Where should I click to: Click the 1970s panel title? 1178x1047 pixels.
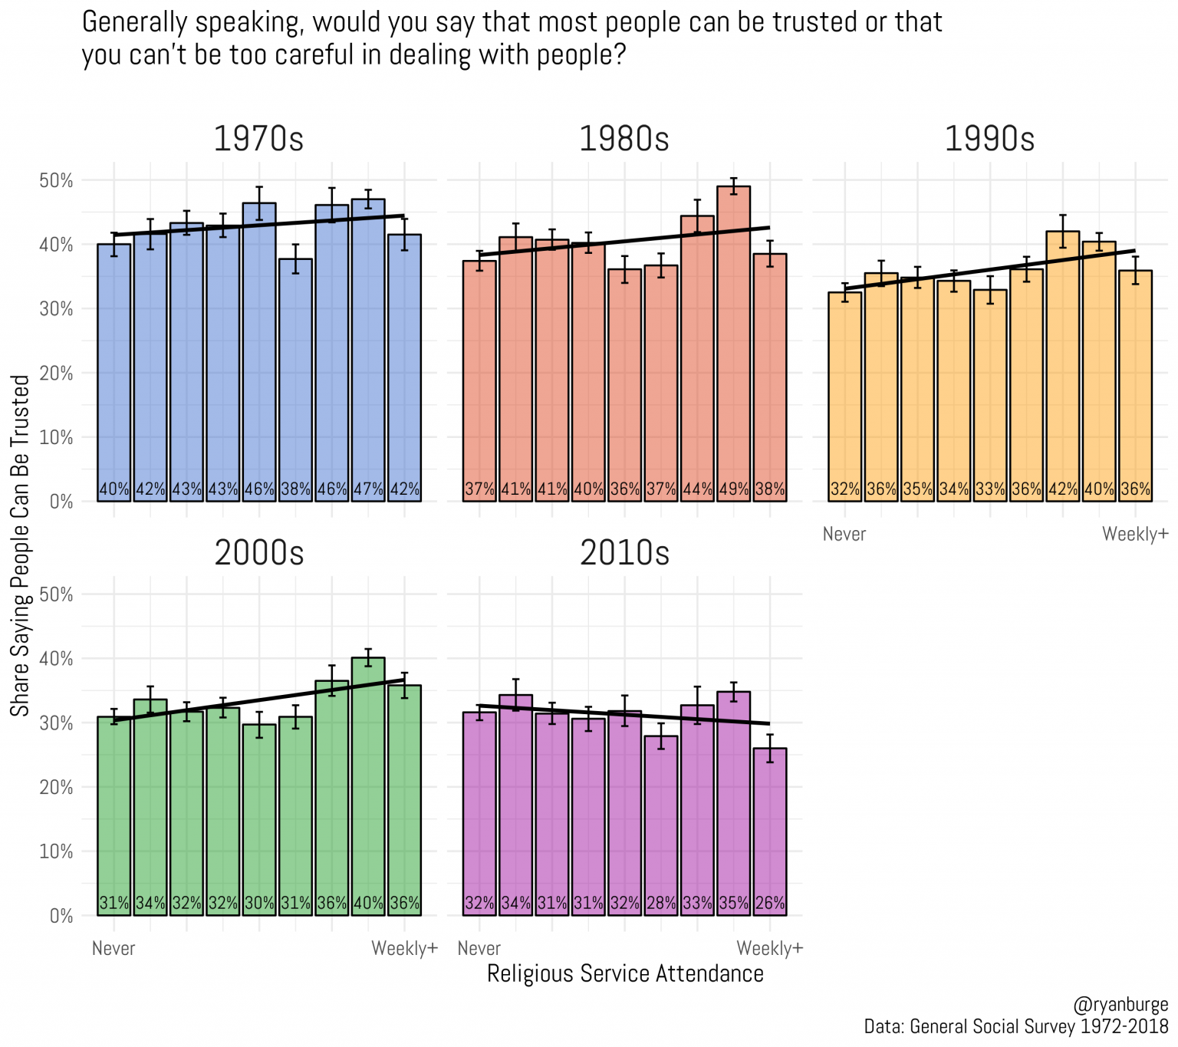[x=258, y=139]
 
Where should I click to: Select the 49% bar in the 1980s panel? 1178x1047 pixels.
[x=733, y=345]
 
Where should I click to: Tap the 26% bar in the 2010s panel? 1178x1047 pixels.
[x=769, y=832]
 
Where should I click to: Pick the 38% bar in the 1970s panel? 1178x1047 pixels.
[x=295, y=380]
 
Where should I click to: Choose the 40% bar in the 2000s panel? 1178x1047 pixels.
[x=368, y=786]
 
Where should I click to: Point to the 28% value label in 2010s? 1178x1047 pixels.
[x=661, y=904]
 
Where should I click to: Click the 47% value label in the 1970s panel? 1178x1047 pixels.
[x=368, y=489]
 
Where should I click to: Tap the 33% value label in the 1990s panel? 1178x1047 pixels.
[x=989, y=489]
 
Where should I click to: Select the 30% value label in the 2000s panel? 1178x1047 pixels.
[x=259, y=904]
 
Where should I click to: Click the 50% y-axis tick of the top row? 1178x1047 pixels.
[x=57, y=181]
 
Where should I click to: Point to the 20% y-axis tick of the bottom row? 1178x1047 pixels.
[x=57, y=788]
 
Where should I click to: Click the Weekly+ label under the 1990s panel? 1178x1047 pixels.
[x=1135, y=535]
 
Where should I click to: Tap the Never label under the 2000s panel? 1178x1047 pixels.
[x=114, y=949]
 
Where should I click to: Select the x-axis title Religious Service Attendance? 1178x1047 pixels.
[x=625, y=974]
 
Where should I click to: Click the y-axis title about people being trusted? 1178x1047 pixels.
[x=20, y=545]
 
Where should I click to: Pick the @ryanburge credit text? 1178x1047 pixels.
[x=1120, y=1006]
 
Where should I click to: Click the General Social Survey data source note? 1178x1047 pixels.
[x=1015, y=1027]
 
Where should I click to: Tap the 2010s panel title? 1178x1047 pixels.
[x=624, y=553]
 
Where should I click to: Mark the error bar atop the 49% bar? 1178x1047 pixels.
[x=733, y=186]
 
